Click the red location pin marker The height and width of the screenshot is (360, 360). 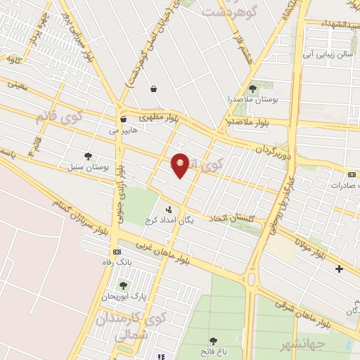[x=181, y=165]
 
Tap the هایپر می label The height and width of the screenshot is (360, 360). [x=123, y=129]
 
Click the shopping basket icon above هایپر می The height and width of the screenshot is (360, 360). [x=123, y=120]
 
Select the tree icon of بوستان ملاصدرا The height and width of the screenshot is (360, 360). [x=252, y=88]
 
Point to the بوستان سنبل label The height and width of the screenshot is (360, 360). [x=91, y=168]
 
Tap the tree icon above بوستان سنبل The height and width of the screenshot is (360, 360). [x=87, y=156]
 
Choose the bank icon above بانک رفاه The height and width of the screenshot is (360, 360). [x=116, y=252]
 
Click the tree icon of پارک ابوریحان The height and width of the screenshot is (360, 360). [x=124, y=285]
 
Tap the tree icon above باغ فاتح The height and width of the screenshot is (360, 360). [x=214, y=341]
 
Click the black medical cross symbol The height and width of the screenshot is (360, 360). [x=340, y=269]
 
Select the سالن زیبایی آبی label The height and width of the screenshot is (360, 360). [x=327, y=53]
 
